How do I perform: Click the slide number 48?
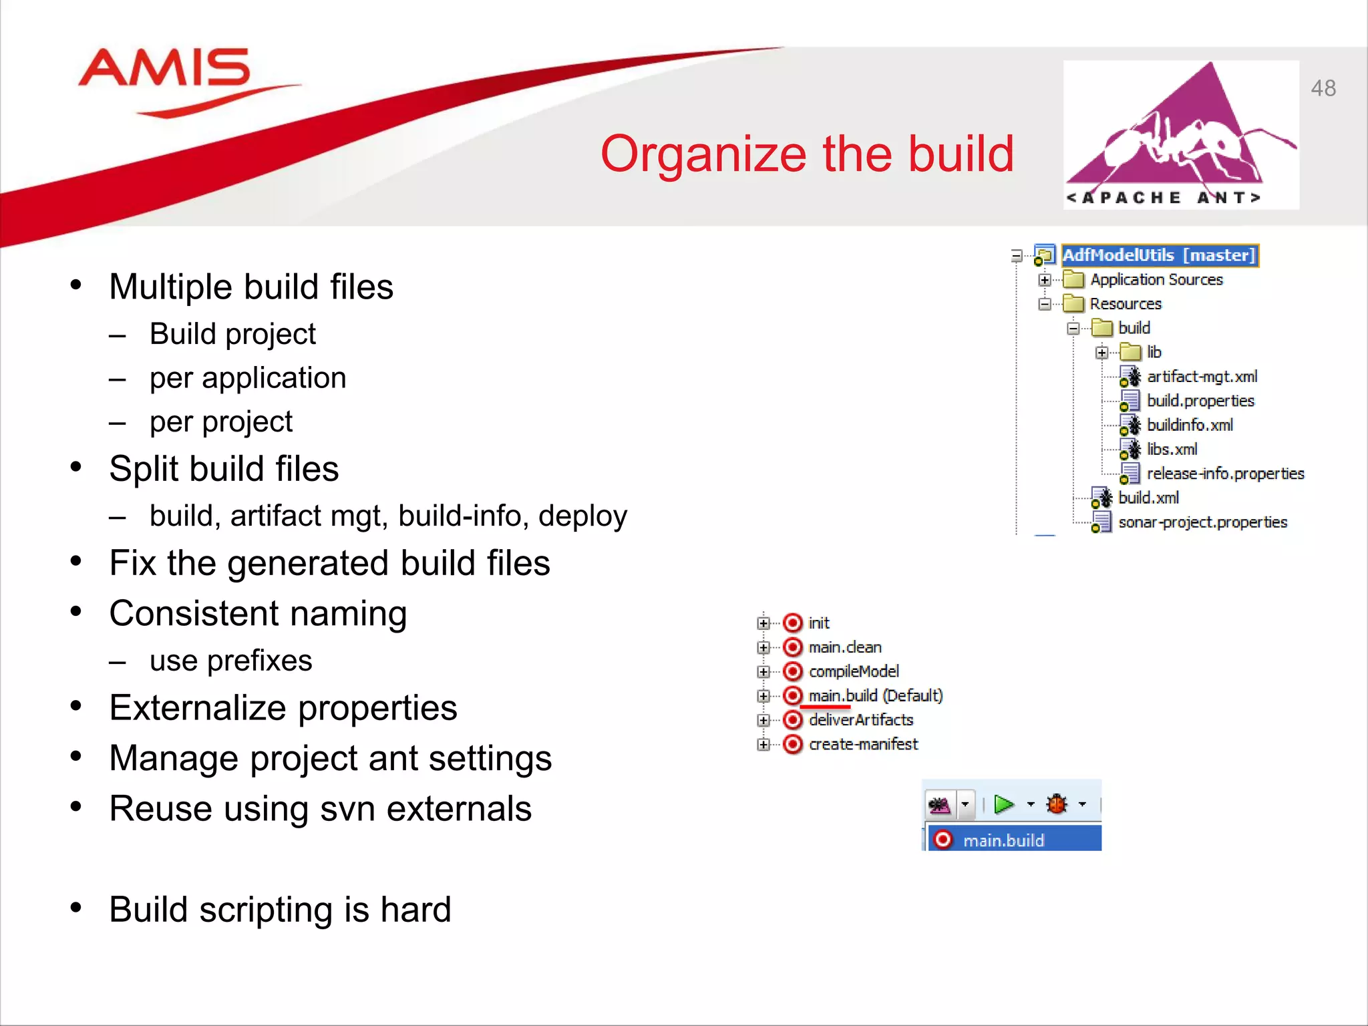(x=1323, y=88)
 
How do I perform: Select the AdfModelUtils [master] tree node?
(x=1159, y=255)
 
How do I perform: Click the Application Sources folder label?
(x=1156, y=280)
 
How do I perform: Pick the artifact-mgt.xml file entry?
(x=1201, y=377)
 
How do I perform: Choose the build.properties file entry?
(x=1200, y=401)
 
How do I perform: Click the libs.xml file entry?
(x=1172, y=450)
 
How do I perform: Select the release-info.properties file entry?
(x=1224, y=474)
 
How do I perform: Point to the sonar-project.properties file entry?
(x=1202, y=522)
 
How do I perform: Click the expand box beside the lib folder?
(x=1101, y=353)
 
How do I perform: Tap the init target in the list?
(x=818, y=623)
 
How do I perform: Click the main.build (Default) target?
(x=874, y=696)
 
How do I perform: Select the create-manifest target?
(x=862, y=744)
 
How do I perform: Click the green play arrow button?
(x=1003, y=804)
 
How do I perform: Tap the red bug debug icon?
(x=1057, y=804)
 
